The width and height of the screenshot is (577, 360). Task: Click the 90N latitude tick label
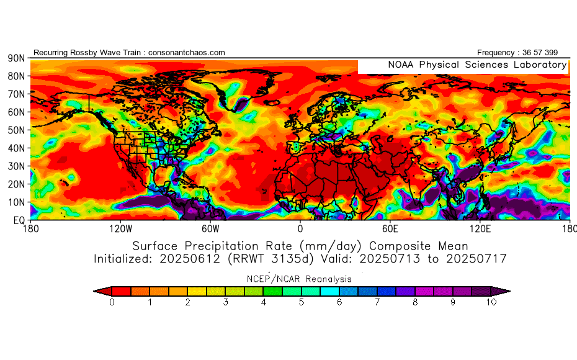click(16, 58)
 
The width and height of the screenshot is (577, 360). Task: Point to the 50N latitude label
click(16, 130)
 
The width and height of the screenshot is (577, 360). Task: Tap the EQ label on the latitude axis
click(18, 220)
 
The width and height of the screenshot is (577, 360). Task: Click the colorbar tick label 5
click(302, 302)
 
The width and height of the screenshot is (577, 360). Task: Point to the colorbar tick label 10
click(491, 302)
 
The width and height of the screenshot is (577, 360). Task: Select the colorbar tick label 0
click(112, 302)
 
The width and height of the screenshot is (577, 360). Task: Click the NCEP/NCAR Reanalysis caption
click(301, 279)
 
